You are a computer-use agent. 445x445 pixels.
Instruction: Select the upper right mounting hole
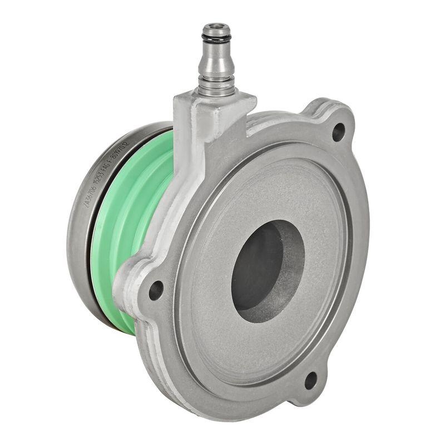(338, 132)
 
